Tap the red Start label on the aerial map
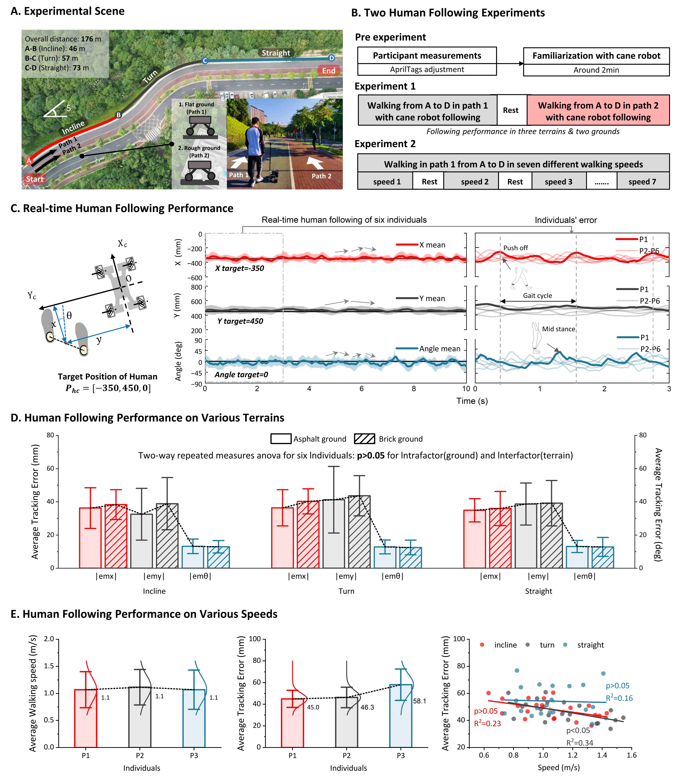point(35,179)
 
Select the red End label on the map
point(329,71)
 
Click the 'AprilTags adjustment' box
point(427,69)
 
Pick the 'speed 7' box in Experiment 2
point(642,182)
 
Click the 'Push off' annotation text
point(515,248)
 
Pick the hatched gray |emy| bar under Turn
point(359,531)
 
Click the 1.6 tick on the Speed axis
point(631,755)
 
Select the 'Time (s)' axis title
point(472,401)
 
